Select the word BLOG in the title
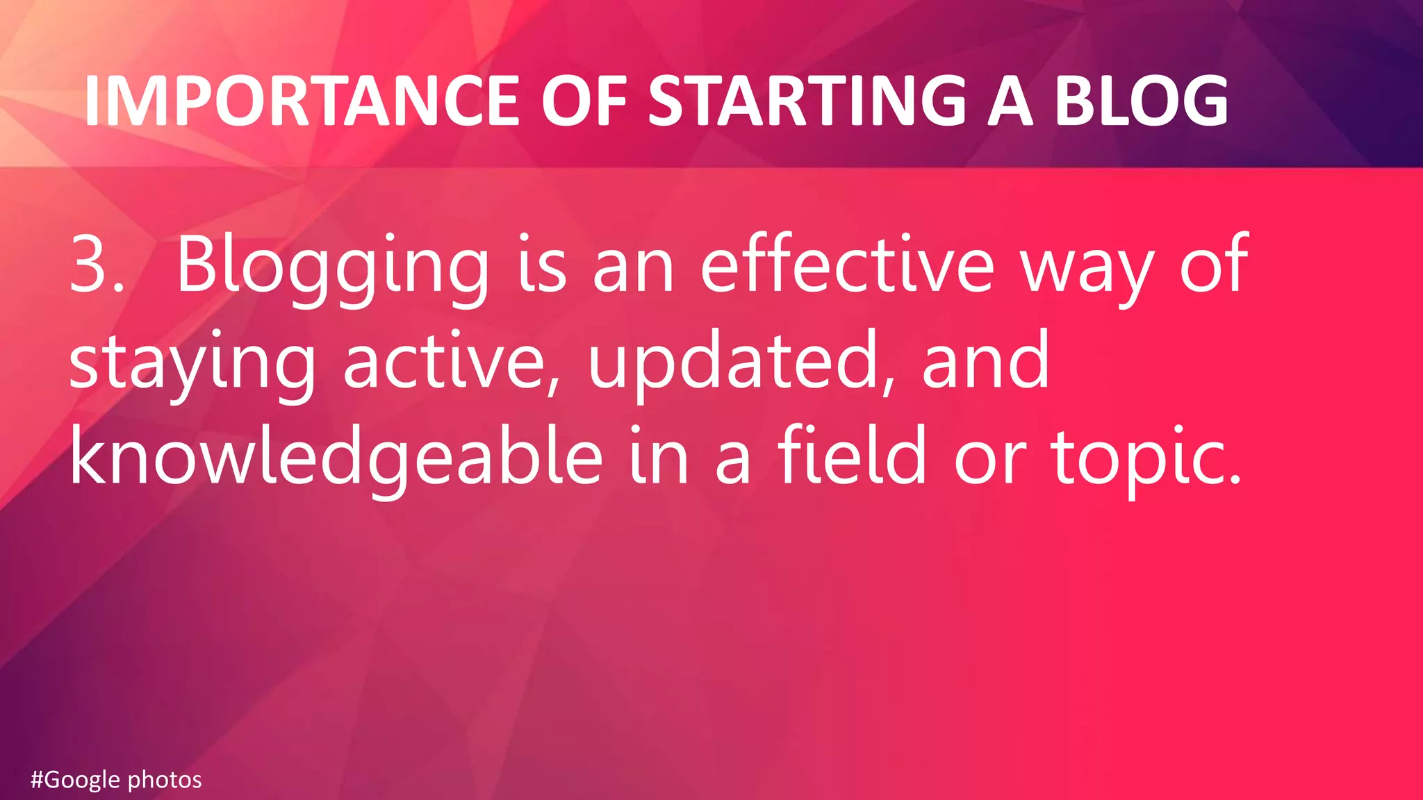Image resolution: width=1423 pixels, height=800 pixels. pyautogui.click(x=1142, y=101)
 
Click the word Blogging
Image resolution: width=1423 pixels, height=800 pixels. pyautogui.click(x=333, y=267)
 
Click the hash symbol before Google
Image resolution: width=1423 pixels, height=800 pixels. pyautogui.click(x=38, y=780)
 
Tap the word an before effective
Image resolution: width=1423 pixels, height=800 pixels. pyautogui.click(x=633, y=267)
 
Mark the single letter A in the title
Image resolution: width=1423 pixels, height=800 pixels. pyautogui.click(x=1010, y=101)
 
